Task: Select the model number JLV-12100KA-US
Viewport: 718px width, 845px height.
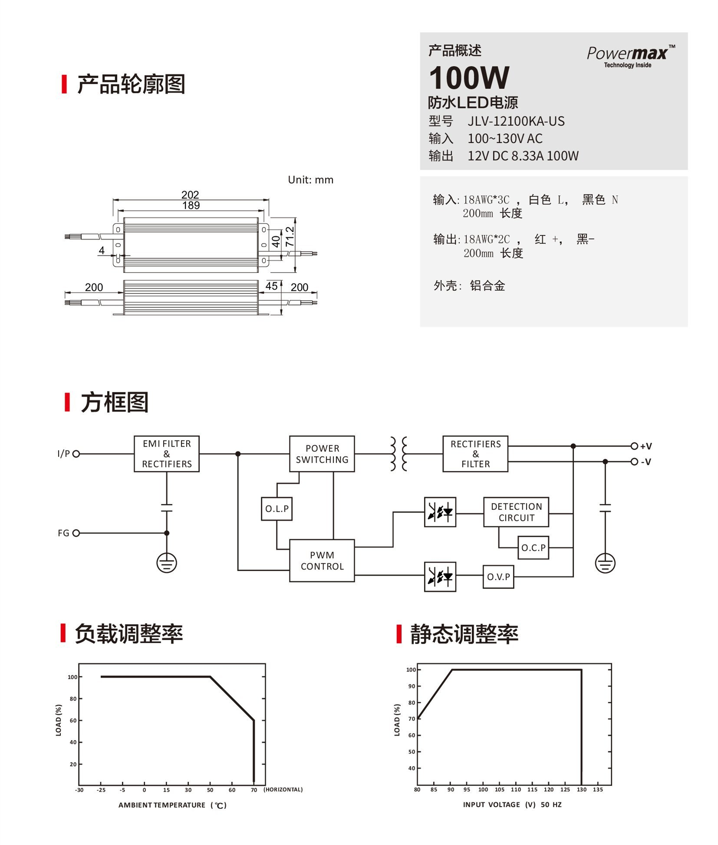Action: [516, 121]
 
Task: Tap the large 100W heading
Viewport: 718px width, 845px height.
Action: [469, 78]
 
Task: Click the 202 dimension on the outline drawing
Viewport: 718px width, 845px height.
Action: [190, 195]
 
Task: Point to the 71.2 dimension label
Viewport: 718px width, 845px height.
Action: [290, 237]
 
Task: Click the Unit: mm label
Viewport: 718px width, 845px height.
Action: [310, 180]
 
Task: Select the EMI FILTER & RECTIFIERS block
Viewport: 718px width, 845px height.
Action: [167, 454]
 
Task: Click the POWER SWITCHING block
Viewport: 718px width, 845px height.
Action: [322, 454]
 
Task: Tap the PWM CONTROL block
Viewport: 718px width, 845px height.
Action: [322, 560]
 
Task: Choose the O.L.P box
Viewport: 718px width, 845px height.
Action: [277, 509]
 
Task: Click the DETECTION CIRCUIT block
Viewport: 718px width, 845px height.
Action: [516, 512]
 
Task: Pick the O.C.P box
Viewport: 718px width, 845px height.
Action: [533, 548]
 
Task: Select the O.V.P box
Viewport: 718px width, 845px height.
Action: [498, 577]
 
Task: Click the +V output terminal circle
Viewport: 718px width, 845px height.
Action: [634, 446]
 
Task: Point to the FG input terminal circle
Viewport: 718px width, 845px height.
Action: [76, 533]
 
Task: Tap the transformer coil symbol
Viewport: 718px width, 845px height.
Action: [399, 454]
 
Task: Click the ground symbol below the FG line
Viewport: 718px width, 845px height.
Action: [167, 563]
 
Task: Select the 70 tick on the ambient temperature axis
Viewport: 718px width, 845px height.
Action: [254, 790]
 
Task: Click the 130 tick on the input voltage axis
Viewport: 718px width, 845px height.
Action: [581, 789]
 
